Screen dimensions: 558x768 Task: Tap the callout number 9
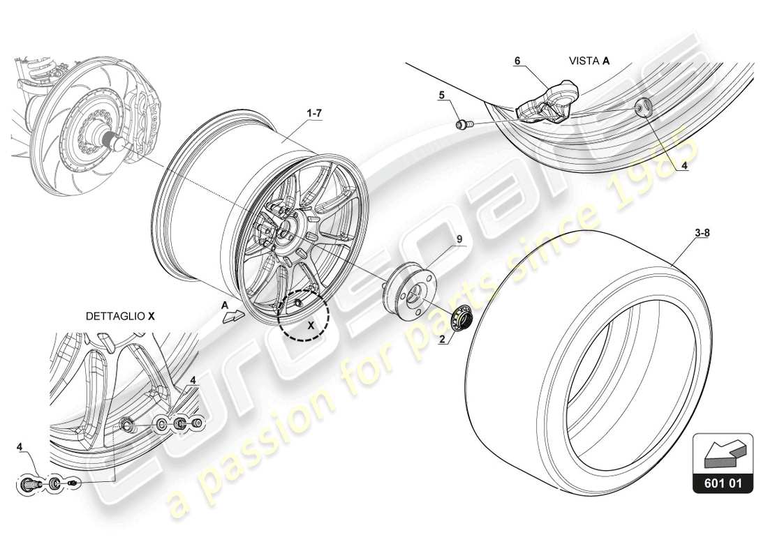click(x=459, y=239)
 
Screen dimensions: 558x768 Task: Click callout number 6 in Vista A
click(x=517, y=61)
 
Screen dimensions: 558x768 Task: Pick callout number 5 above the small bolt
click(x=441, y=93)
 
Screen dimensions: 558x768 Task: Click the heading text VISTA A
click(x=589, y=61)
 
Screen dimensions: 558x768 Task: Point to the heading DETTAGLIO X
click(x=120, y=316)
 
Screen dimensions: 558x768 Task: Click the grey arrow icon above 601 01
click(x=723, y=452)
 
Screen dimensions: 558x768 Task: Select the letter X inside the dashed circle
click(x=312, y=324)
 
